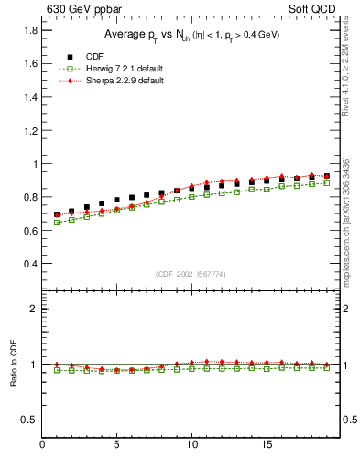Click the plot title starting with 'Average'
click(x=191, y=35)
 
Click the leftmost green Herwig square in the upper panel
click(x=57, y=223)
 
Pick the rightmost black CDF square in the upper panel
click(x=327, y=175)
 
